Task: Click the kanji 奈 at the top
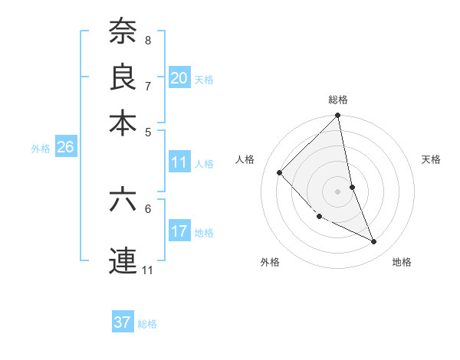click(123, 31)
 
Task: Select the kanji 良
click(123, 77)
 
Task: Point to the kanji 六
click(123, 200)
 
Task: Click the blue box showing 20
click(179, 77)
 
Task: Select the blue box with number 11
click(179, 162)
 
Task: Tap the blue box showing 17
click(179, 231)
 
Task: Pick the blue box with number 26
click(66, 148)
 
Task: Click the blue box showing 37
click(123, 322)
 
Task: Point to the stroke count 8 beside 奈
click(148, 40)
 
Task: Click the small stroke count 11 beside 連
click(148, 270)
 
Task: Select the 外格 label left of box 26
click(41, 149)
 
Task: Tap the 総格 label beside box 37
click(148, 324)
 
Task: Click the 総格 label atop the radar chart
click(338, 100)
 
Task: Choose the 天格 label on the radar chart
click(431, 159)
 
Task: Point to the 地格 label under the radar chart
click(402, 262)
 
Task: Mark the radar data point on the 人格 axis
click(280, 172)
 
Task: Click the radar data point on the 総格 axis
click(338, 116)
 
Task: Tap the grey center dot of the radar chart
click(338, 191)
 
